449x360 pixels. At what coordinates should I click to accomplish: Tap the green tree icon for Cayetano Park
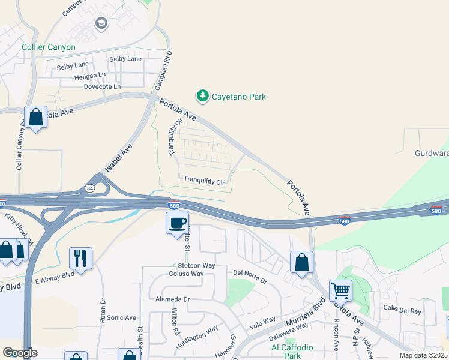point(203,96)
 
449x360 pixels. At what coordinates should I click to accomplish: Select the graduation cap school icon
point(101,23)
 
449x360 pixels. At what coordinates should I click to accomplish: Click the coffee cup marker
point(177,224)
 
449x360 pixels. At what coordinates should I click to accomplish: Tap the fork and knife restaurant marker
point(80,259)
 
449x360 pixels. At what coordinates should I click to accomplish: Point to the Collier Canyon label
point(49,47)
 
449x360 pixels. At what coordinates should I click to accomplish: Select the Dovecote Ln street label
point(102,86)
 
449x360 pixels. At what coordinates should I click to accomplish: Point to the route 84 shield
point(89,188)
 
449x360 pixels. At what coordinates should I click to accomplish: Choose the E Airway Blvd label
point(54,275)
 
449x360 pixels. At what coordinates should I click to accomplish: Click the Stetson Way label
point(196,265)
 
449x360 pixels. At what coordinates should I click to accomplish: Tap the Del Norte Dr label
point(249,276)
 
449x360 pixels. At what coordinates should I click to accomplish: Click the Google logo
point(20,353)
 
